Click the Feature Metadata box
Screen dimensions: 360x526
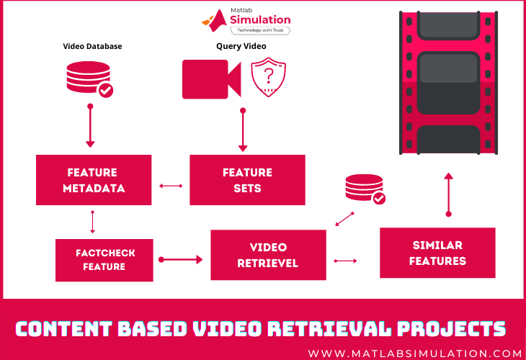pyautogui.click(x=94, y=180)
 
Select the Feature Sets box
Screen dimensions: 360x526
pyautogui.click(x=247, y=180)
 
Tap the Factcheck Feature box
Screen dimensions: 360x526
pyautogui.click(x=104, y=260)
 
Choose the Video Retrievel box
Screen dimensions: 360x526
pyautogui.click(x=268, y=255)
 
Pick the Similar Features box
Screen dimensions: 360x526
pyautogui.click(x=437, y=253)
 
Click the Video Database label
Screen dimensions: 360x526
pyautogui.click(x=92, y=46)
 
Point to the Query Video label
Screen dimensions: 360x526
pyautogui.click(x=241, y=46)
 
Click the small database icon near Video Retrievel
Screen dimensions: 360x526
pyautogui.click(x=364, y=189)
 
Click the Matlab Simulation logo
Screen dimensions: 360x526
pyautogui.click(x=246, y=21)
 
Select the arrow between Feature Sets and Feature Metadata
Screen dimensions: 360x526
pyautogui.click(x=171, y=186)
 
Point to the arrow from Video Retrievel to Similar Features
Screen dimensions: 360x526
pyautogui.click(x=346, y=260)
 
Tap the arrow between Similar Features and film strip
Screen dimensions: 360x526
pyautogui.click(x=448, y=194)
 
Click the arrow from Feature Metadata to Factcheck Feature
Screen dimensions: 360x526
pyautogui.click(x=93, y=221)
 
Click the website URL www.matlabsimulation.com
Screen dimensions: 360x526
pyautogui.click(x=414, y=354)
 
